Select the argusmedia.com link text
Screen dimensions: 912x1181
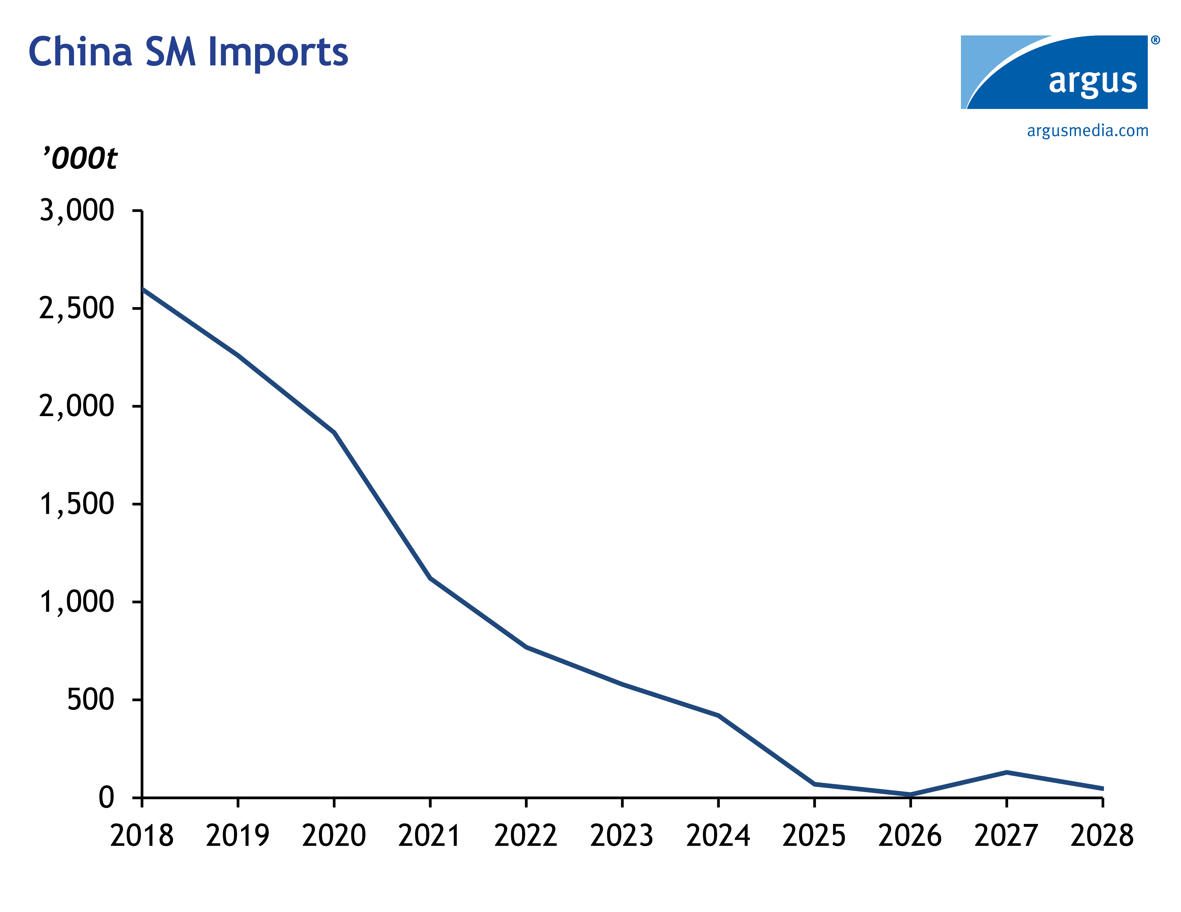click(1087, 131)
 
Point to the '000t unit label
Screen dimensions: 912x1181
click(80, 158)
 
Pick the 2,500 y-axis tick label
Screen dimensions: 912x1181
click(77, 308)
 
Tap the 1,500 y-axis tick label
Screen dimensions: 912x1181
click(77, 504)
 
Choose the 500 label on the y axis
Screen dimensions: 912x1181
click(90, 700)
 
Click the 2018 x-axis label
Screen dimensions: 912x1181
click(142, 836)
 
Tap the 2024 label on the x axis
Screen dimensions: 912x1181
click(718, 836)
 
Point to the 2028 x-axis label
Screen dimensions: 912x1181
click(1102, 836)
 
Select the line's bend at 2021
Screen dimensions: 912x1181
click(430, 579)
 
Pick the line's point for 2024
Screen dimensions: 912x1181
click(718, 716)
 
